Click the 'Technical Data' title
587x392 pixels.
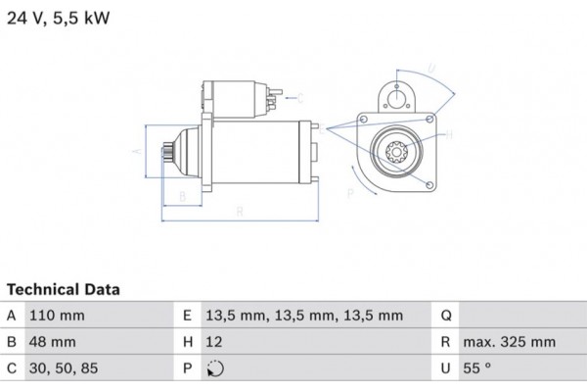point(64,290)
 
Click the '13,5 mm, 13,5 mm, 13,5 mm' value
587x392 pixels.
point(304,316)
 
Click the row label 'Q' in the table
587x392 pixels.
point(446,316)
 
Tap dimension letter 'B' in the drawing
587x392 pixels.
point(182,196)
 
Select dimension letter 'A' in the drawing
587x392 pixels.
point(137,152)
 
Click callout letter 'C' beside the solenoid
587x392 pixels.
point(300,97)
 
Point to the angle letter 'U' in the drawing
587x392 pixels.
point(431,70)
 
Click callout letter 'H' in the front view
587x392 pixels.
point(448,135)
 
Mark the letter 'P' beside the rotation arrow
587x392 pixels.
point(350,193)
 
